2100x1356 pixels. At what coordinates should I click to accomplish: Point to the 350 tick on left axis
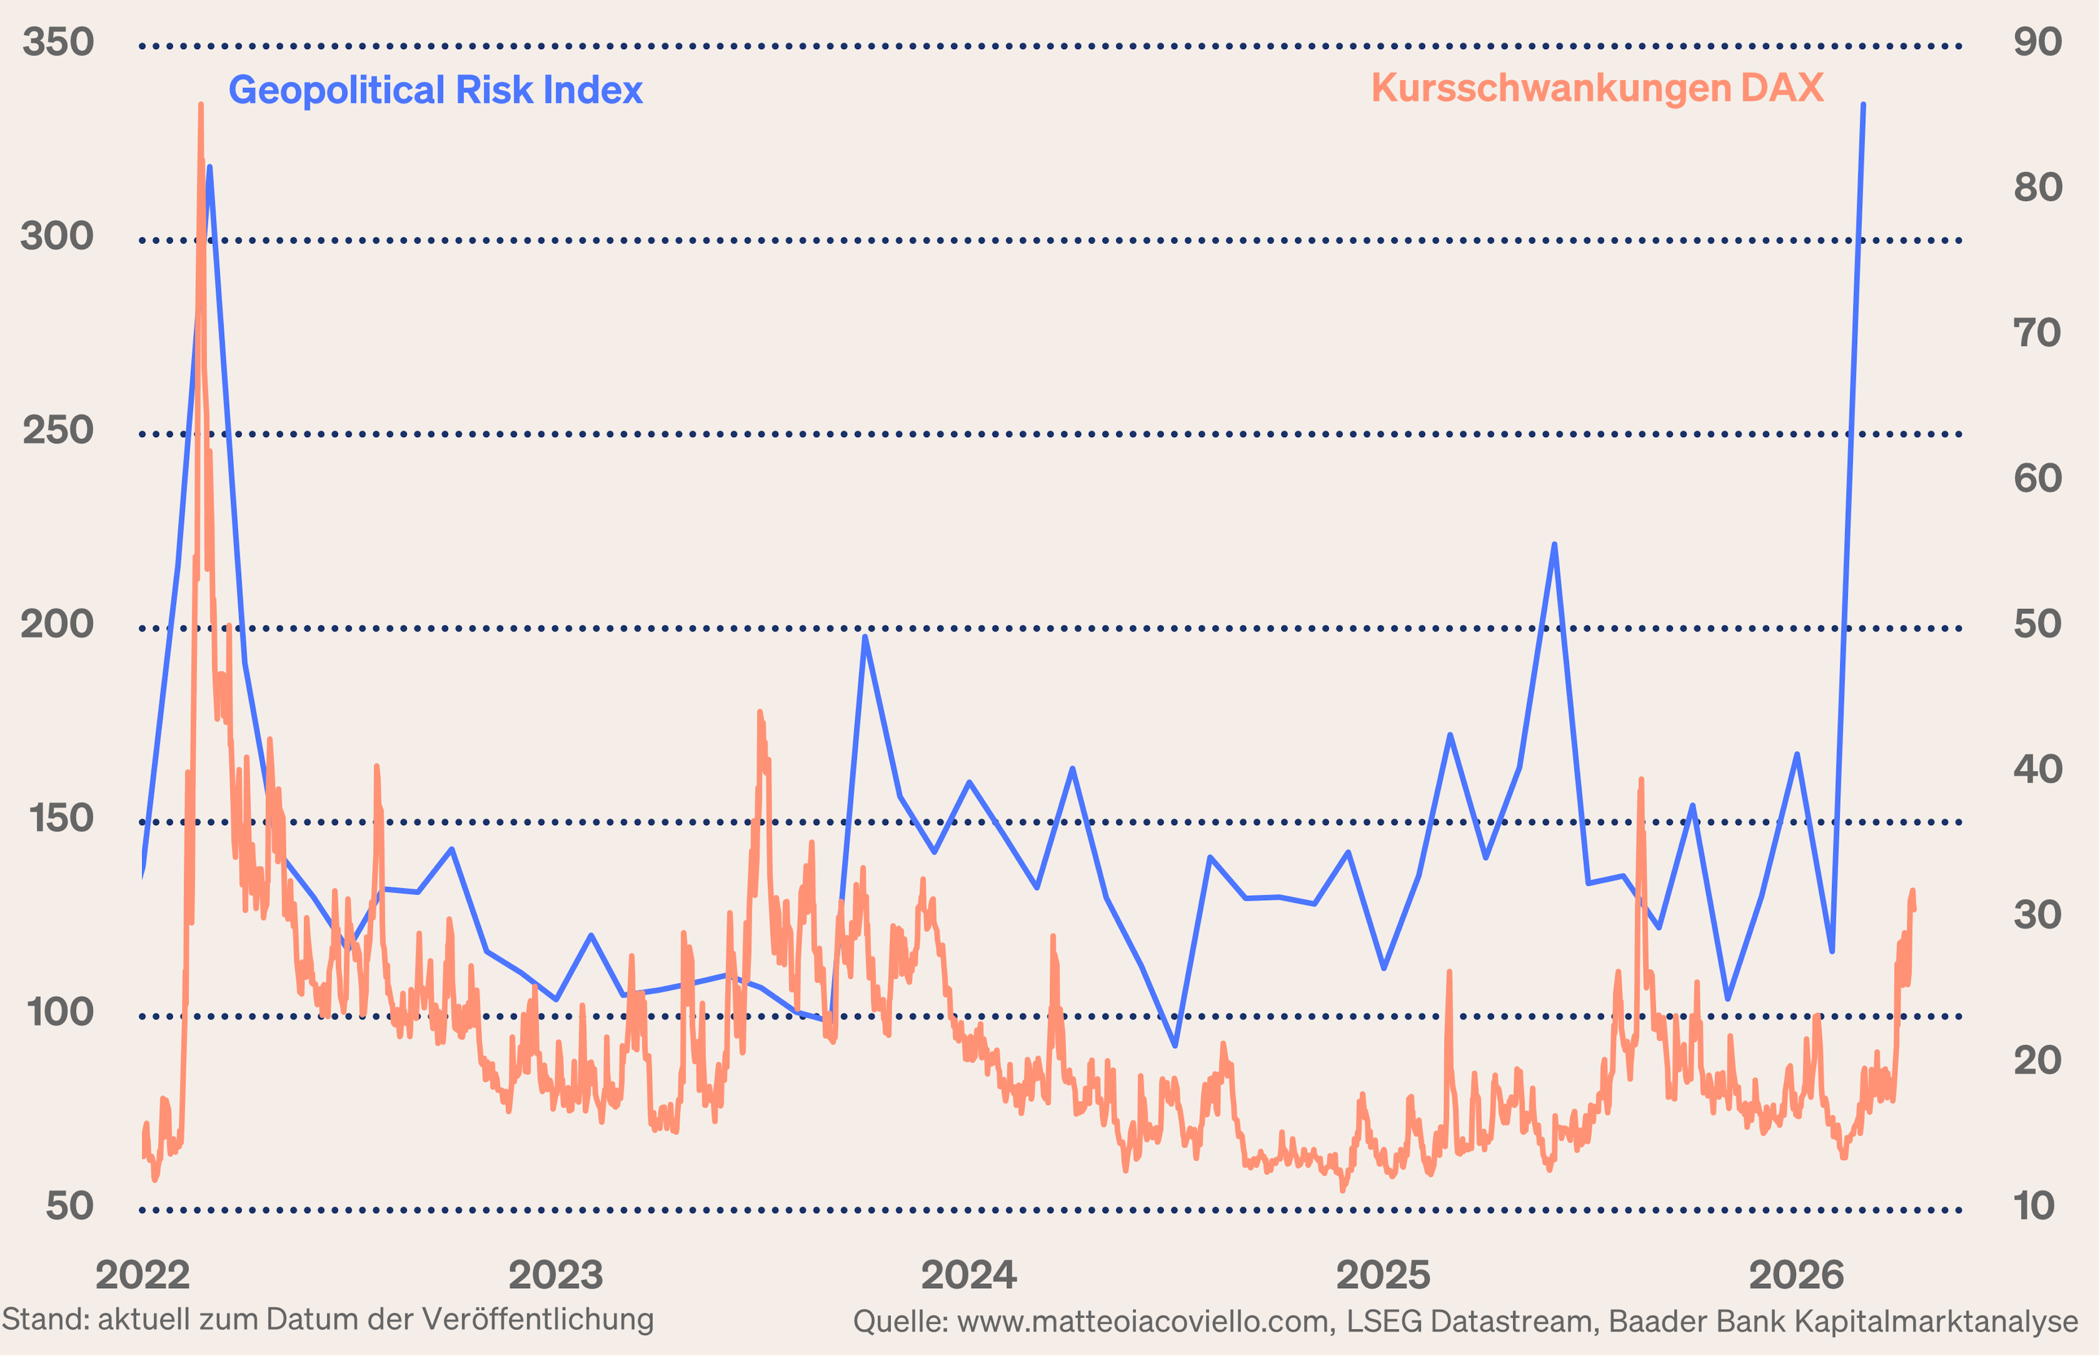pyautogui.click(x=58, y=42)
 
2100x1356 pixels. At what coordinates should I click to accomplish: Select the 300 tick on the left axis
pyautogui.click(x=57, y=236)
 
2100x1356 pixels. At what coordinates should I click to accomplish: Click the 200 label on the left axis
pyautogui.click(x=57, y=624)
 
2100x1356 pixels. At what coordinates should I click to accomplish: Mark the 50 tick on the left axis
pyautogui.click(x=69, y=1206)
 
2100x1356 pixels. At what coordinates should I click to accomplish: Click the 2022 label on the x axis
pyautogui.click(x=143, y=1275)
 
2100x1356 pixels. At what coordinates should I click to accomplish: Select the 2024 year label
pyautogui.click(x=968, y=1275)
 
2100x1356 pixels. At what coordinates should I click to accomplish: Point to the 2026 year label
pyautogui.click(x=1796, y=1275)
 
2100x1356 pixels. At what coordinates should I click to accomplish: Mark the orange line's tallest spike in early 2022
pyautogui.click(x=201, y=105)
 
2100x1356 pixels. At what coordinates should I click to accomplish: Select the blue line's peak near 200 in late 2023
pyautogui.click(x=865, y=637)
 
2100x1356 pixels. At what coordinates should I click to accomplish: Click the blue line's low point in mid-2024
pyautogui.click(x=1175, y=1045)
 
